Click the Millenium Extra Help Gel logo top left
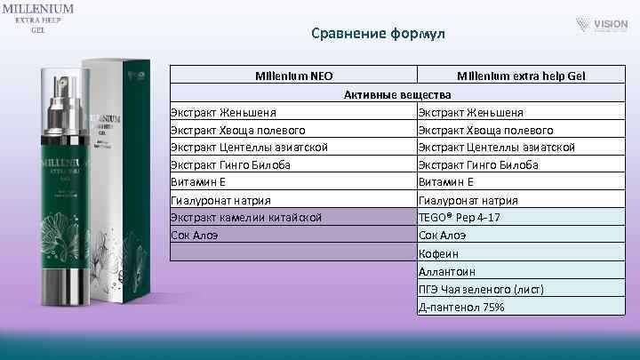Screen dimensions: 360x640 tap(37, 19)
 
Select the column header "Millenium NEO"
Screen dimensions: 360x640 tap(294, 76)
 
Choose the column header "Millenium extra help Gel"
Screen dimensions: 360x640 tap(521, 76)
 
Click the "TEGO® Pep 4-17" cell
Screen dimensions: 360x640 tap(459, 218)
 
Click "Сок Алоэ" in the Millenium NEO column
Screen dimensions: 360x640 tap(195, 236)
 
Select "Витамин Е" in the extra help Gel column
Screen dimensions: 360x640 tap(447, 182)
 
